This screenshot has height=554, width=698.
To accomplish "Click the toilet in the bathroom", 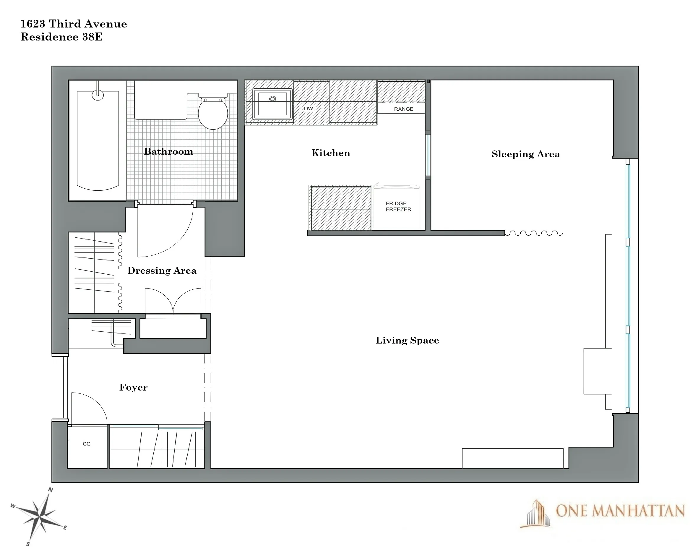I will (213, 111).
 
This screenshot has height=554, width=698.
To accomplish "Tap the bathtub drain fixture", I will (98, 95).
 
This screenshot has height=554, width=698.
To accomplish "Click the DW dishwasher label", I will (308, 108).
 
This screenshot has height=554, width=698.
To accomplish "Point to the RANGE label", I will (403, 109).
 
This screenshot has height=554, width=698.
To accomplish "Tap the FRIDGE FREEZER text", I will (398, 206).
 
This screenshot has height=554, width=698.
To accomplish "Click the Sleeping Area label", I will (525, 154).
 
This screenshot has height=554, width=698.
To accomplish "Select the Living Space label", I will (407, 340).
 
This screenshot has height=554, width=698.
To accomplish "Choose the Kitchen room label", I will (331, 153).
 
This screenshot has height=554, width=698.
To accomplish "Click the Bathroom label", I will (168, 152).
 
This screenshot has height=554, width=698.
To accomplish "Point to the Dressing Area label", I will (162, 271).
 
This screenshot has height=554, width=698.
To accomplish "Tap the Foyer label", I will (133, 387).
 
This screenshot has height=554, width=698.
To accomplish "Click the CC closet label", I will (87, 444).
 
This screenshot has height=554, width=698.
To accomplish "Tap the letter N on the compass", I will (51, 490).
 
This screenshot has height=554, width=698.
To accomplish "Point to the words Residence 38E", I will (61, 37).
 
